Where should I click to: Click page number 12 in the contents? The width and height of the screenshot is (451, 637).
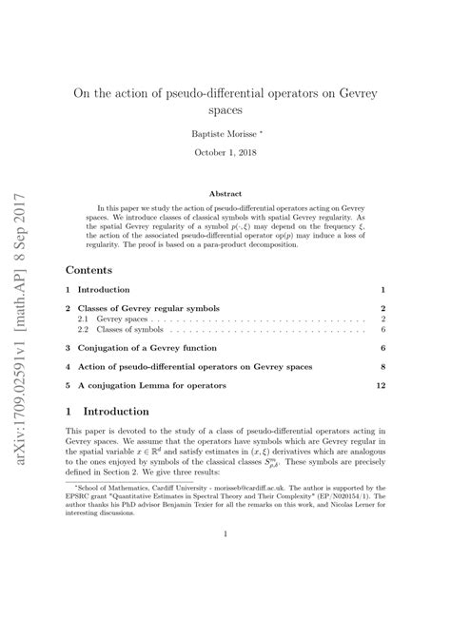(x=381, y=386)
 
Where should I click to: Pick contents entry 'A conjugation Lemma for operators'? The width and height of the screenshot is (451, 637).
(x=153, y=386)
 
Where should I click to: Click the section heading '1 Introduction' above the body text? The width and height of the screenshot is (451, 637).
(x=107, y=412)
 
